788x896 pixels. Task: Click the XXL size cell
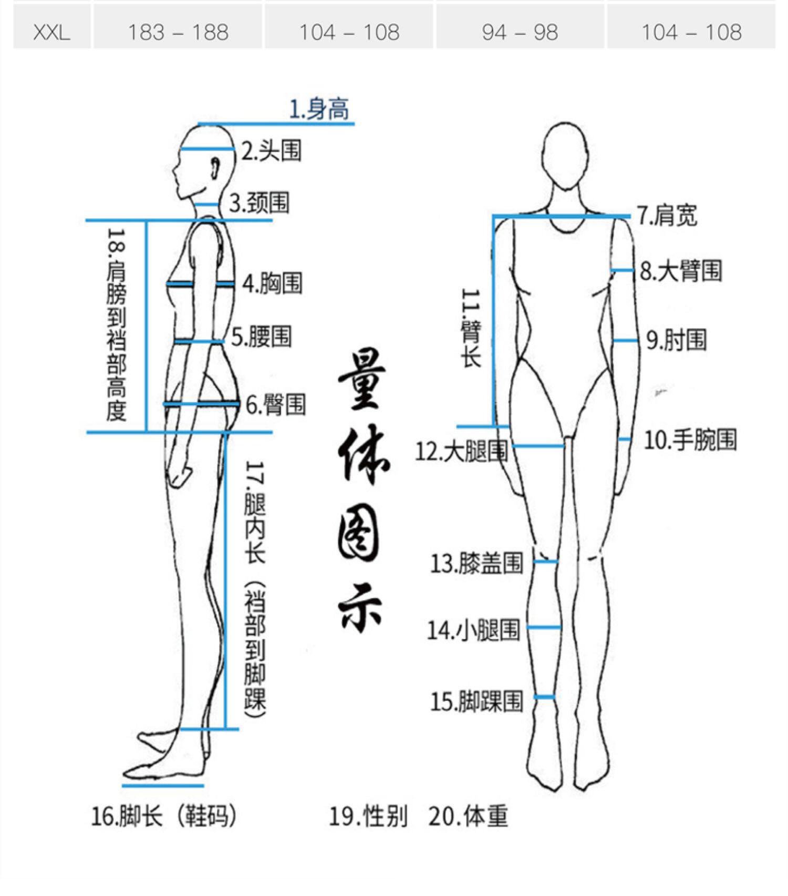point(51,33)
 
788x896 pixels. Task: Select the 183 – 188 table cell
point(178,33)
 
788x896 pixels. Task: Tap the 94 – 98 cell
point(520,33)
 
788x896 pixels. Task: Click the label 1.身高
point(319,109)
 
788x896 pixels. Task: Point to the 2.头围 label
point(271,151)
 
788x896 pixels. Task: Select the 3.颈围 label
point(259,203)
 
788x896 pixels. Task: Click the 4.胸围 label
point(272,283)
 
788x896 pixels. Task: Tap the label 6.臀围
point(276,405)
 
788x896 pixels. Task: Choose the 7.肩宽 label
point(667,216)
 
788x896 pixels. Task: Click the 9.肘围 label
point(676,340)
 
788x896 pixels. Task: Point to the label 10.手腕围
point(690,440)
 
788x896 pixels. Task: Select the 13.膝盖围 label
point(476,563)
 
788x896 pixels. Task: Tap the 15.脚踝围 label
point(476,701)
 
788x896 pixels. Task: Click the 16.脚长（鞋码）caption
point(164,816)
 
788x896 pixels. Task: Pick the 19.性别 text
point(368,816)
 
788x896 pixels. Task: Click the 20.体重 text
point(468,816)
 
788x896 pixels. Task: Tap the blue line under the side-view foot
point(163,786)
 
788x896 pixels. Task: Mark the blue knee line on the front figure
point(546,562)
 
